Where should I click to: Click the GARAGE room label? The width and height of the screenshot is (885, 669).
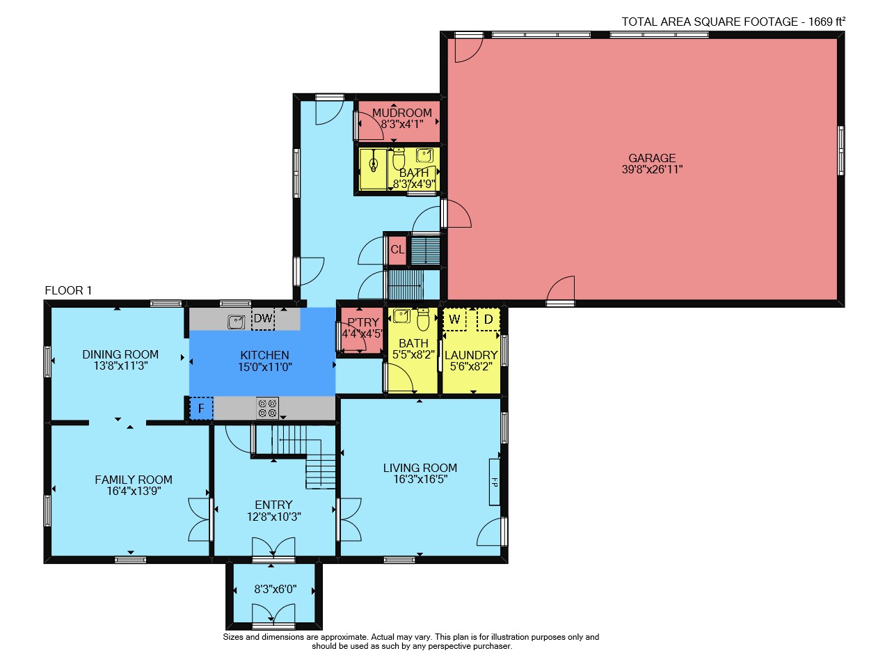[652, 157]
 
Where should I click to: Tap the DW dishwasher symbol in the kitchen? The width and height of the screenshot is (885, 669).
[263, 319]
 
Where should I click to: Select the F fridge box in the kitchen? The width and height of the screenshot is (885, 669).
[201, 408]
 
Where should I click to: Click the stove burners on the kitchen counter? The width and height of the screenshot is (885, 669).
[268, 408]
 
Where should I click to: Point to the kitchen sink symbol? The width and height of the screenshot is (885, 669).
[237, 322]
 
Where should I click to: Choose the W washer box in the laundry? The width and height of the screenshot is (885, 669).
[454, 320]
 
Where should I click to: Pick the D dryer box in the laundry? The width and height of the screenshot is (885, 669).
[488, 320]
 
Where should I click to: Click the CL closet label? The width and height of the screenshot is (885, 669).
[397, 250]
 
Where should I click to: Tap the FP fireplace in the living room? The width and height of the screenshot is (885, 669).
[494, 482]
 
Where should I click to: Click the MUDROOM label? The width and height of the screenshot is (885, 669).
[402, 113]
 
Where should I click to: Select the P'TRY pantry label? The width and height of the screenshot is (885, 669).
[363, 322]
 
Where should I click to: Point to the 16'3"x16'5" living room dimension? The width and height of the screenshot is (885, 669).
[420, 479]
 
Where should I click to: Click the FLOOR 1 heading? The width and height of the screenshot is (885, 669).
[68, 290]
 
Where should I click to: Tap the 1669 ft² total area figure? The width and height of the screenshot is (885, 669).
[827, 22]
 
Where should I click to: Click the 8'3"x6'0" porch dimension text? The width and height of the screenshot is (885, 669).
[276, 589]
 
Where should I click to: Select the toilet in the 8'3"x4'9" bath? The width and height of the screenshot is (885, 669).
[399, 159]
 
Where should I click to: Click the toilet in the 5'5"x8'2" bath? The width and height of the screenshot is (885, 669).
[422, 319]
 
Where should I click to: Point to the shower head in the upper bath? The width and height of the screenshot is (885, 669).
[374, 162]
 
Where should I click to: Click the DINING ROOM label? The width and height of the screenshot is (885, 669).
[120, 354]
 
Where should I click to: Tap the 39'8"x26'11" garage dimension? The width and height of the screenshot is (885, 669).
[652, 169]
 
